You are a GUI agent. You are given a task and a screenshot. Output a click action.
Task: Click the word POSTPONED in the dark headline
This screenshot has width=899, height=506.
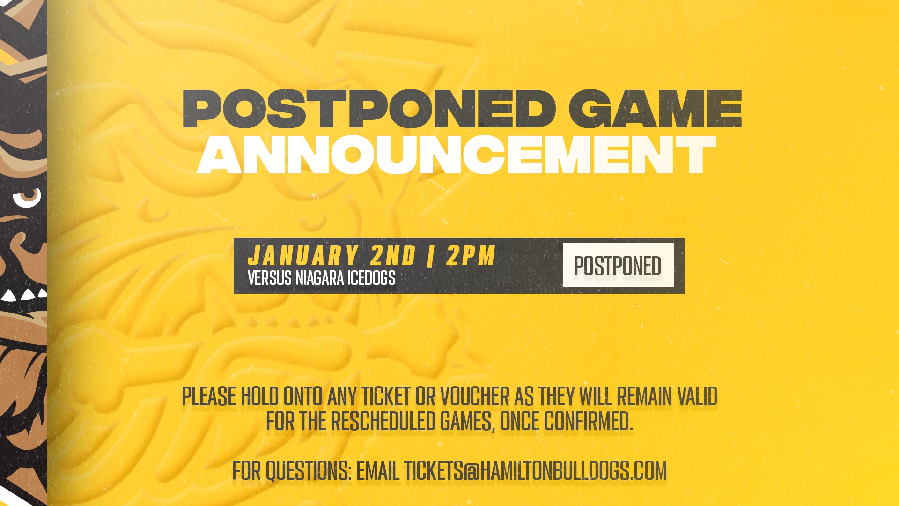pos(369,109)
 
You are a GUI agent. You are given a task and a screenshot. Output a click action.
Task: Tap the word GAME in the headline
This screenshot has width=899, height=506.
pos(656,109)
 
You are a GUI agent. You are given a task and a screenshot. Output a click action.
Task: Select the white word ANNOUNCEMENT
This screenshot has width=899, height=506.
pos(456,155)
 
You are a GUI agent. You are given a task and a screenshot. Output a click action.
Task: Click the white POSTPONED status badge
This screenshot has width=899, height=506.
pos(618,265)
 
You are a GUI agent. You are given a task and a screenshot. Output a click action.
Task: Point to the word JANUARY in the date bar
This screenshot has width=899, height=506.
pos(303,256)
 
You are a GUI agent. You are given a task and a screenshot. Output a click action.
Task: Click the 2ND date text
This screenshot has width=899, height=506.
pos(393,256)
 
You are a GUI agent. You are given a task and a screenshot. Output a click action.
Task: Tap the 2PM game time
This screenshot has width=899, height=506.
pos(471,256)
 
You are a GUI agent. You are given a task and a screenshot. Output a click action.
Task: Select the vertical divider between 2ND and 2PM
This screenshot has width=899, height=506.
pos(431,256)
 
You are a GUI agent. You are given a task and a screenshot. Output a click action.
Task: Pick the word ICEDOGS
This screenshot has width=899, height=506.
pos(371,278)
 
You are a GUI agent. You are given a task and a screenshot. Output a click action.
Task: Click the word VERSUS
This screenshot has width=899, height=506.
pos(270,278)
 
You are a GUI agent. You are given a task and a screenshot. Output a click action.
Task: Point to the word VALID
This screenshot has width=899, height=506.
pos(697,396)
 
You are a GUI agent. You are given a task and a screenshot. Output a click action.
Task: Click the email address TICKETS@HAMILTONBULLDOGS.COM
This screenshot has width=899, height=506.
pos(535,470)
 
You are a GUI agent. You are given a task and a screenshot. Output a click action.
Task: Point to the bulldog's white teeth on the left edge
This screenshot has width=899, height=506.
pos(24,295)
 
